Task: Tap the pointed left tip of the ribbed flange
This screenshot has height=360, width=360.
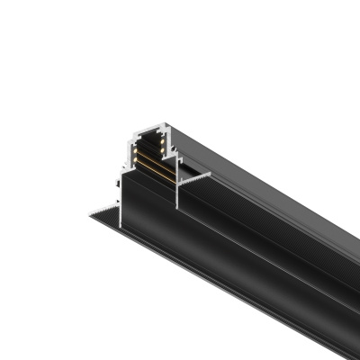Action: tap(87, 216)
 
